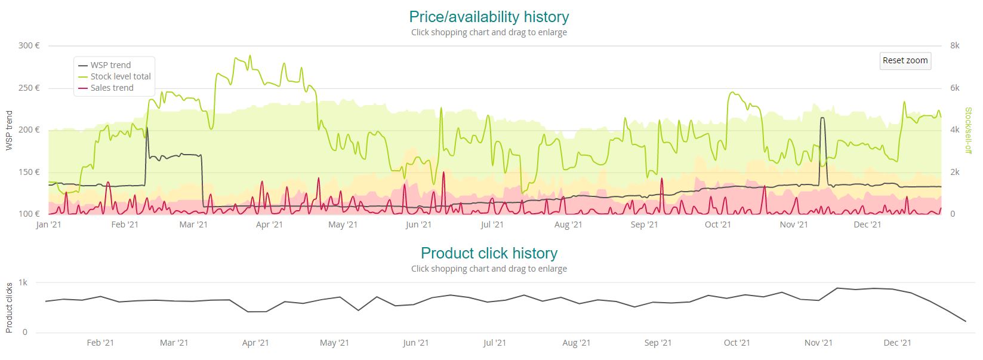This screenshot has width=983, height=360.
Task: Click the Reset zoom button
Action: [x=905, y=60]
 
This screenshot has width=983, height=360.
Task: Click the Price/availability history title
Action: [x=489, y=17]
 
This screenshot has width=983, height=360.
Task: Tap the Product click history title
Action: [x=489, y=253]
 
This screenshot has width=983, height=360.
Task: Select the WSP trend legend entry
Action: [x=110, y=65]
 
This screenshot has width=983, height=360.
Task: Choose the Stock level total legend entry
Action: [x=121, y=76]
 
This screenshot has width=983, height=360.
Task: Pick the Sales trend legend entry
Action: [x=112, y=88]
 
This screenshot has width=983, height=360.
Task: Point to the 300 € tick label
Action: [x=29, y=45]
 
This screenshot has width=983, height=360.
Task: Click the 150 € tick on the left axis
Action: [x=29, y=172]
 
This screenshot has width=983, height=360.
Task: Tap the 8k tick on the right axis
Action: [x=954, y=45]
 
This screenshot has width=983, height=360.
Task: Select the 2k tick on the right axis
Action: [x=954, y=172]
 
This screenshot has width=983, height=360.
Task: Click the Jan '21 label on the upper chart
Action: [x=48, y=224]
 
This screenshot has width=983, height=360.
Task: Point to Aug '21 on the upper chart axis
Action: [x=568, y=224]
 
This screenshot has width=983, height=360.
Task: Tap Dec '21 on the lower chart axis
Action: [x=897, y=343]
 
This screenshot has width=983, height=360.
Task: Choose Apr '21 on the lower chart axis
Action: [x=255, y=343]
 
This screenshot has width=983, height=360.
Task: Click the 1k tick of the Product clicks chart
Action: [x=23, y=282]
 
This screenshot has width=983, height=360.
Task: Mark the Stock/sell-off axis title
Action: [x=968, y=130]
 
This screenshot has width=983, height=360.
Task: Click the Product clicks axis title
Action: [x=9, y=307]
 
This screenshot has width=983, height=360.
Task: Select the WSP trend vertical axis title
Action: [x=9, y=130]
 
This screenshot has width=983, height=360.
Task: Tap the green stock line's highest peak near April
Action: [x=250, y=56]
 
